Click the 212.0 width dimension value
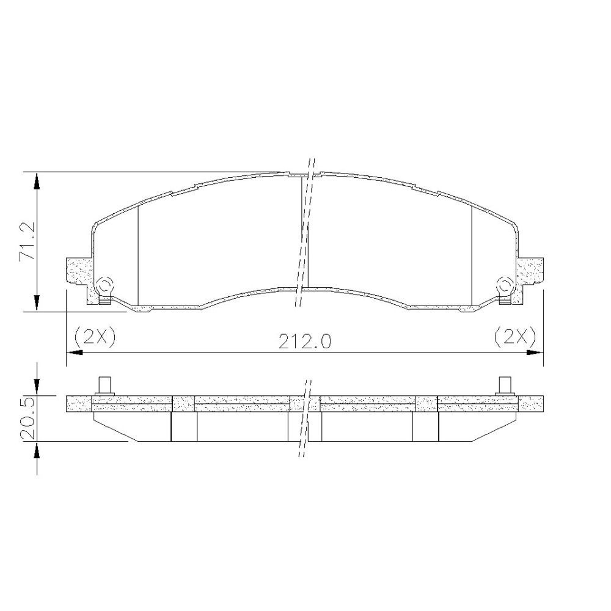[305, 342]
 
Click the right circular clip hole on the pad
[505, 285]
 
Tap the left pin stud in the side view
[104, 386]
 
